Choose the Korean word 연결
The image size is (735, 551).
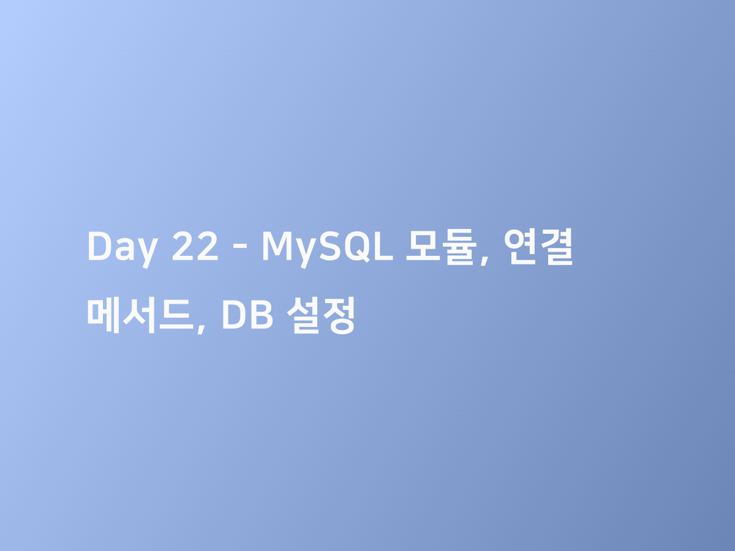(x=539, y=247)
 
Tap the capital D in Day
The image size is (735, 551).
(x=99, y=247)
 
